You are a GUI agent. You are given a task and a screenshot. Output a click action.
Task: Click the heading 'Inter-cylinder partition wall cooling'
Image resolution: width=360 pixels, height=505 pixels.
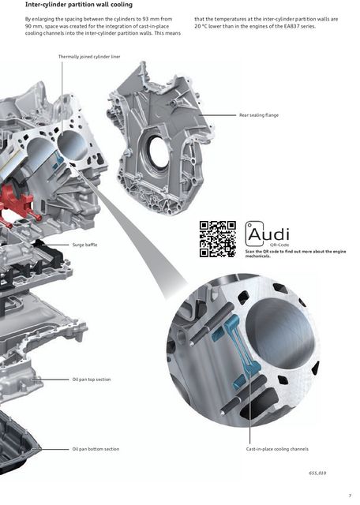point(79,5)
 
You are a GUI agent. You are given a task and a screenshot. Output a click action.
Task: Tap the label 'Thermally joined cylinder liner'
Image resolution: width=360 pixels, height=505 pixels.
point(89,57)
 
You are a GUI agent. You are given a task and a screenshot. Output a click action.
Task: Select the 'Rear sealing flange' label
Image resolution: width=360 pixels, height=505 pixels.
point(259,115)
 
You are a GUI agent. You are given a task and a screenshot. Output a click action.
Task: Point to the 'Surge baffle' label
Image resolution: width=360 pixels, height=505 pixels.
point(84,245)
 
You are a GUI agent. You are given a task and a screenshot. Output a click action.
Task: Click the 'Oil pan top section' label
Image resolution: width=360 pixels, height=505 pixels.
point(92,380)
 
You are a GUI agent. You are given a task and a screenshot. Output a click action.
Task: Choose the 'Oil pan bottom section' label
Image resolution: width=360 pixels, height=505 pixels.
point(96,449)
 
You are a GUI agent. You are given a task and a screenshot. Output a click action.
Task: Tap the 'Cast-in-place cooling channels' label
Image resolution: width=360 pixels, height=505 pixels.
point(277,449)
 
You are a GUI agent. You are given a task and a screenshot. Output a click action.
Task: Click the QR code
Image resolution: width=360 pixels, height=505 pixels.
point(218,239)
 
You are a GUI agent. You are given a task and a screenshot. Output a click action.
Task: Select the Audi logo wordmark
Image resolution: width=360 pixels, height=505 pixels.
point(267,234)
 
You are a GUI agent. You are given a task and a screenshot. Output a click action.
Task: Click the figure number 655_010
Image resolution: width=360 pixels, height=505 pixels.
point(317,473)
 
